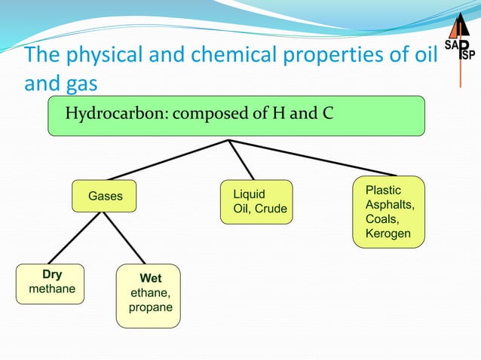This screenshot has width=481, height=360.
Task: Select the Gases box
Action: click(105, 197)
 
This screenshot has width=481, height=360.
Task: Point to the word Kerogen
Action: click(388, 233)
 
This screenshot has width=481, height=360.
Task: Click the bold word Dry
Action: click(52, 275)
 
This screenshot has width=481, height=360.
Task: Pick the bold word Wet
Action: click(150, 279)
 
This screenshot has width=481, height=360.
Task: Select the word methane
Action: click(52, 289)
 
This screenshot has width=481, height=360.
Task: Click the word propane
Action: click(151, 307)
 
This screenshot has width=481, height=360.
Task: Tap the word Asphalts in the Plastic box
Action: click(390, 205)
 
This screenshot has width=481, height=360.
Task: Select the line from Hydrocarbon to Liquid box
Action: click(240, 160)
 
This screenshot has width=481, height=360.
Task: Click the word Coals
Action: click(381, 219)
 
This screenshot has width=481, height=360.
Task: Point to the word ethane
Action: click(150, 293)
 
